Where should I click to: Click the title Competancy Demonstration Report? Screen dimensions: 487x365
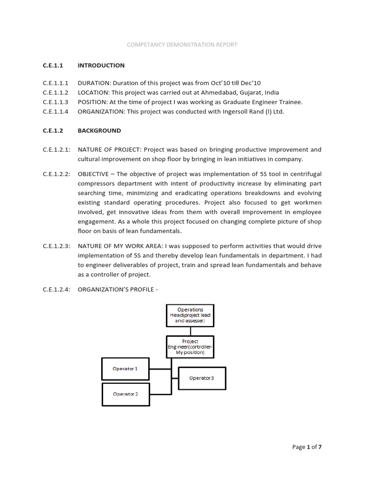pos(182,45)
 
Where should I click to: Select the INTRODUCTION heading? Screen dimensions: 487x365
pos(101,65)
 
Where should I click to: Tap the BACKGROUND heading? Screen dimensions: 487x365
pos(99,130)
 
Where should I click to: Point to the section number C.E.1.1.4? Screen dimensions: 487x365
pos(56,112)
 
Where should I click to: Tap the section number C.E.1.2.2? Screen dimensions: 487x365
pos(57,174)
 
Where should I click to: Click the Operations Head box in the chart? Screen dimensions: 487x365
pos(190,315)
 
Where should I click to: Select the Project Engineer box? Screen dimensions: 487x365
pos(190,347)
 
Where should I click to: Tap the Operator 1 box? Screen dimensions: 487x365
pos(125,369)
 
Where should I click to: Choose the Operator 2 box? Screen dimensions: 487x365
pos(125,394)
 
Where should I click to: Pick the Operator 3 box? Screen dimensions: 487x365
pos(202,378)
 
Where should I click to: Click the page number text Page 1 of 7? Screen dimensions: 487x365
pos(310,447)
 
